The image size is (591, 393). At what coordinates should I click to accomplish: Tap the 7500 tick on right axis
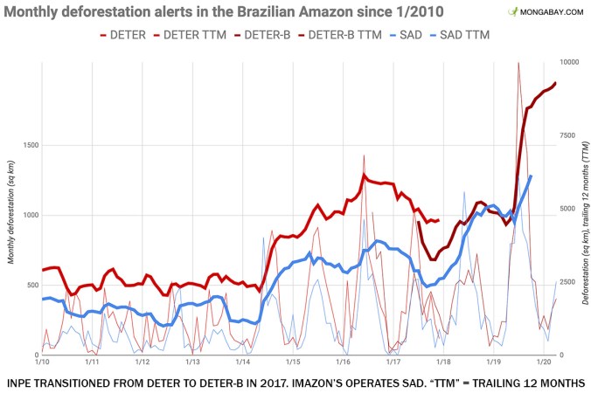click(x=570, y=135)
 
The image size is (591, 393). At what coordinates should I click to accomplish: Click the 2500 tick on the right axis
click(x=570, y=282)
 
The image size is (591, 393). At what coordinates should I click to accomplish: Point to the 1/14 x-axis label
click(x=243, y=362)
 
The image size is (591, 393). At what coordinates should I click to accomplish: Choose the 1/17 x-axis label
click(x=393, y=362)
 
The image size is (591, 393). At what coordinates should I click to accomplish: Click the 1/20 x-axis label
click(x=542, y=362)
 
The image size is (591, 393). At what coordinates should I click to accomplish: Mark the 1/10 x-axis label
click(x=41, y=362)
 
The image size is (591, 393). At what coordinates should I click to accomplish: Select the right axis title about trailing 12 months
click(x=582, y=210)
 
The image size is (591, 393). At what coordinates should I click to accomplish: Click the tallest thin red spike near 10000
click(x=518, y=64)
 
